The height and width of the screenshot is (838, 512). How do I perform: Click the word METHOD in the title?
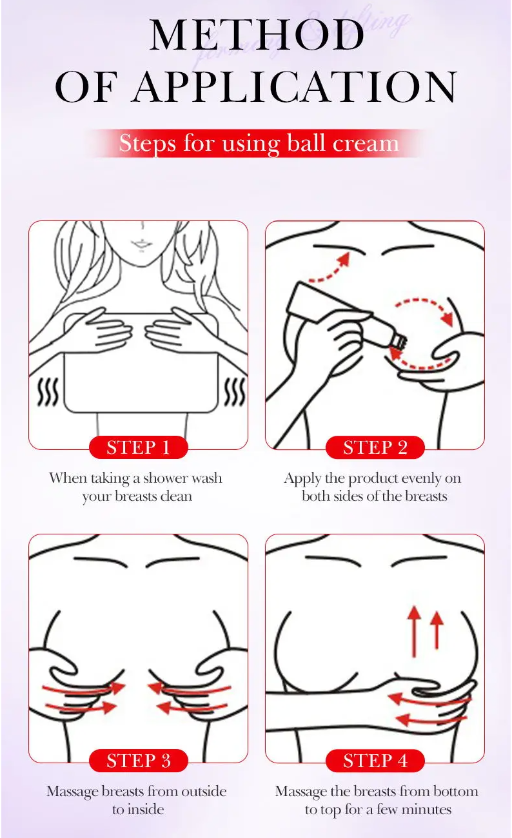[x=257, y=34]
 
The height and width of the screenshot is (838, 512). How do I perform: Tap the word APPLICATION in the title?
[x=296, y=87]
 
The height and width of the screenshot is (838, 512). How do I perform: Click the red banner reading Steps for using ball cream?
[x=259, y=143]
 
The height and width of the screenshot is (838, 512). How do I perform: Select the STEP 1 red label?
[x=138, y=447]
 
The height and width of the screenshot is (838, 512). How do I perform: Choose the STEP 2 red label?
[x=375, y=447]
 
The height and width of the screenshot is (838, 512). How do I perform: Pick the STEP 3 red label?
[x=138, y=761]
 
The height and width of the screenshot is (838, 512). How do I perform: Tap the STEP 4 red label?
[x=375, y=761]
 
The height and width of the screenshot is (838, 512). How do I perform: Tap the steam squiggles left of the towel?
[x=48, y=392]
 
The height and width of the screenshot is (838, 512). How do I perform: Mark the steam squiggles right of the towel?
[x=235, y=392]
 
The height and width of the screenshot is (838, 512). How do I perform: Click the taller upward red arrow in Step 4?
[x=414, y=632]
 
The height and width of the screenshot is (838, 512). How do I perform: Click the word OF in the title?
[x=86, y=87]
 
